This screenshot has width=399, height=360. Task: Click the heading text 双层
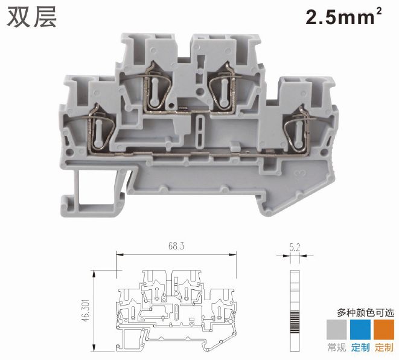tap(31, 17)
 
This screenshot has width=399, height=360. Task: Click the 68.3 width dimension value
tap(176, 246)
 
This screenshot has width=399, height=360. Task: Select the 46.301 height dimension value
tap(86, 310)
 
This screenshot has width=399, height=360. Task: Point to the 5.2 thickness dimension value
tap(295, 248)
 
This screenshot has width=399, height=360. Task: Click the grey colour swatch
tap(337, 329)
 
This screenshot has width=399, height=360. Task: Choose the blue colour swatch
tap(360, 329)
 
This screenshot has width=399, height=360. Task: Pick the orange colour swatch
tap(384, 329)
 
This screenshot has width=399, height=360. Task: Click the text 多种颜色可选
tap(366, 312)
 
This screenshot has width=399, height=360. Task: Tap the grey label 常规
tap(337, 347)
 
